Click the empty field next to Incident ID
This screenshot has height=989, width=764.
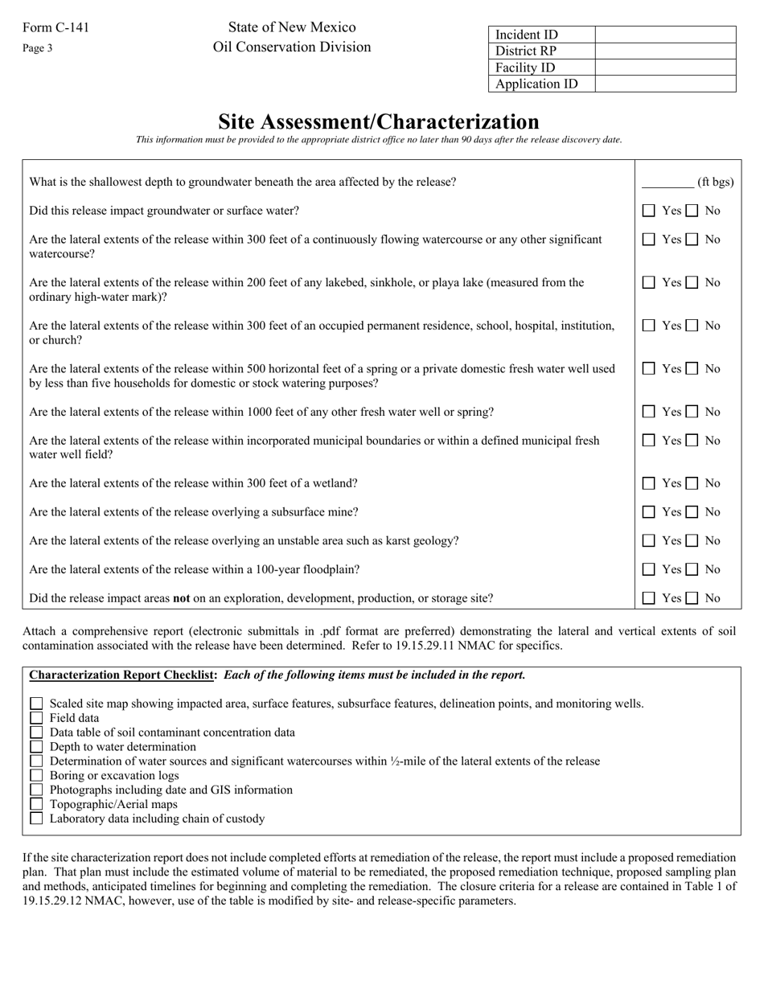665,35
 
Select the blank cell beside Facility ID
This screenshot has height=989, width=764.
665,68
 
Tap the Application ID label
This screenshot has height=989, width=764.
536,84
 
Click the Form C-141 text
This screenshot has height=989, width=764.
56,28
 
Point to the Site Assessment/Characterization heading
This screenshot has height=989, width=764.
379,121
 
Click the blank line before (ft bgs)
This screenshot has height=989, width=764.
667,183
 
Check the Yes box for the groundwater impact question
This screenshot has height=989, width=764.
649,211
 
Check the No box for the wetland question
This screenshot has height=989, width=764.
692,483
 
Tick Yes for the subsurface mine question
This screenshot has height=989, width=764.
649,512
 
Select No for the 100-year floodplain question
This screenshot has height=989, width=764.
692,569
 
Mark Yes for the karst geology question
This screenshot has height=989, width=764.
649,540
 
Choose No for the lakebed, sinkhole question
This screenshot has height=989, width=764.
692,282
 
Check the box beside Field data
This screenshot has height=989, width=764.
36,718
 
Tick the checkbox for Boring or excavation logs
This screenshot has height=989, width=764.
36,776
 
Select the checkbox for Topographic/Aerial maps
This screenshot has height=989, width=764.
36,804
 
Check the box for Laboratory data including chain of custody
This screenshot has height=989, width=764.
36,819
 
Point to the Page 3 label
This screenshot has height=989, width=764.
38,48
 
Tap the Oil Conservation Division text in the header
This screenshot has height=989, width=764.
292,47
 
